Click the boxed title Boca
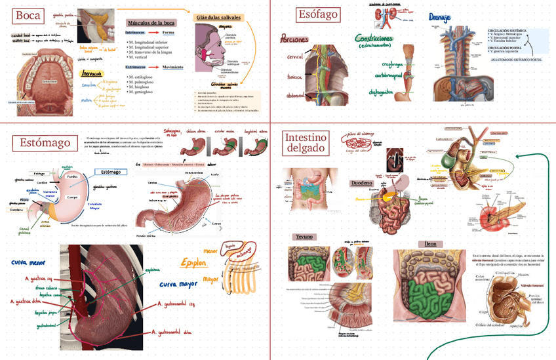pyautogui.click(x=28, y=16)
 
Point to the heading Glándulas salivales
pyautogui.click(x=218, y=18)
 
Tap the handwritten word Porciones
pyautogui.click(x=293, y=39)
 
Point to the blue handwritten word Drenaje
pyautogui.click(x=439, y=16)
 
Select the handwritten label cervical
pyautogui.click(x=295, y=58)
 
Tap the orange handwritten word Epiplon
pyautogui.click(x=194, y=263)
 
